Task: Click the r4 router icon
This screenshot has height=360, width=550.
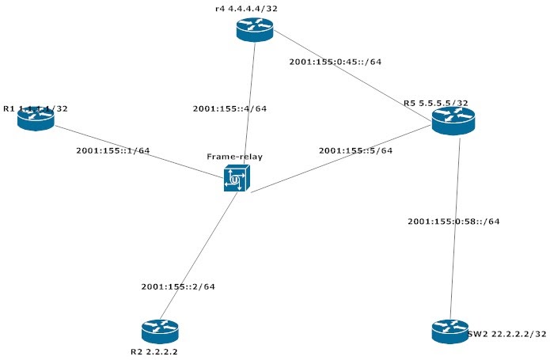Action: tap(254, 30)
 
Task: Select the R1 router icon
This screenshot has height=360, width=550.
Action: tap(36, 118)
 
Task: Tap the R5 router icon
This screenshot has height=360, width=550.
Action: tap(453, 120)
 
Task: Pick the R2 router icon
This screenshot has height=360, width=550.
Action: tap(161, 330)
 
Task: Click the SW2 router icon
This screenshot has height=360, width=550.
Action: tap(451, 331)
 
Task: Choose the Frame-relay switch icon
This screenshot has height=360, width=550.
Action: tap(236, 179)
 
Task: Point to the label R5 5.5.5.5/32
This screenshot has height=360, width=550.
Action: tap(435, 103)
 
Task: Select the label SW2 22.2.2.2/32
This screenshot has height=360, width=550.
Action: tap(507, 334)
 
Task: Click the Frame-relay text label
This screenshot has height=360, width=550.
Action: tap(234, 157)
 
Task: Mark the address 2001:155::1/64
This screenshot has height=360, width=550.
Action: tap(112, 150)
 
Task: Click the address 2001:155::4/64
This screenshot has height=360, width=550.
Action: tap(229, 108)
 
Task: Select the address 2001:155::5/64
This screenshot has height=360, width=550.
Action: tap(355, 150)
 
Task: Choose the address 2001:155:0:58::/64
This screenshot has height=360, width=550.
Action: tap(453, 221)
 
